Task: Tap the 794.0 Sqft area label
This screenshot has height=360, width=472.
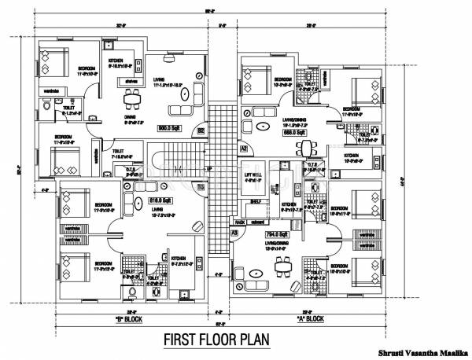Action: pyautogui.click(x=275, y=233)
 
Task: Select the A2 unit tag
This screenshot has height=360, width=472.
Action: pyautogui.click(x=245, y=148)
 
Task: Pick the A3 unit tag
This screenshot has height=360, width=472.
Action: pyautogui.click(x=234, y=233)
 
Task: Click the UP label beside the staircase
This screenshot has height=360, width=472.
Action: pyautogui.click(x=208, y=168)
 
